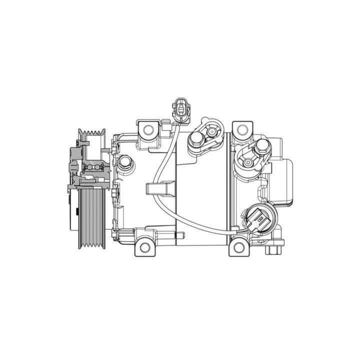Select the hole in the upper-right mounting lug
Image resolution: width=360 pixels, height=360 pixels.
tap(242, 129)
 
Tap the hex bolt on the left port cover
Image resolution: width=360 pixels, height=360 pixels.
tap(196, 139)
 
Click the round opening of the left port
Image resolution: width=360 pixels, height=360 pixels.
tap(212, 132)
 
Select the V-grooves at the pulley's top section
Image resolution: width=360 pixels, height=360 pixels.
tap(92, 133)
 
